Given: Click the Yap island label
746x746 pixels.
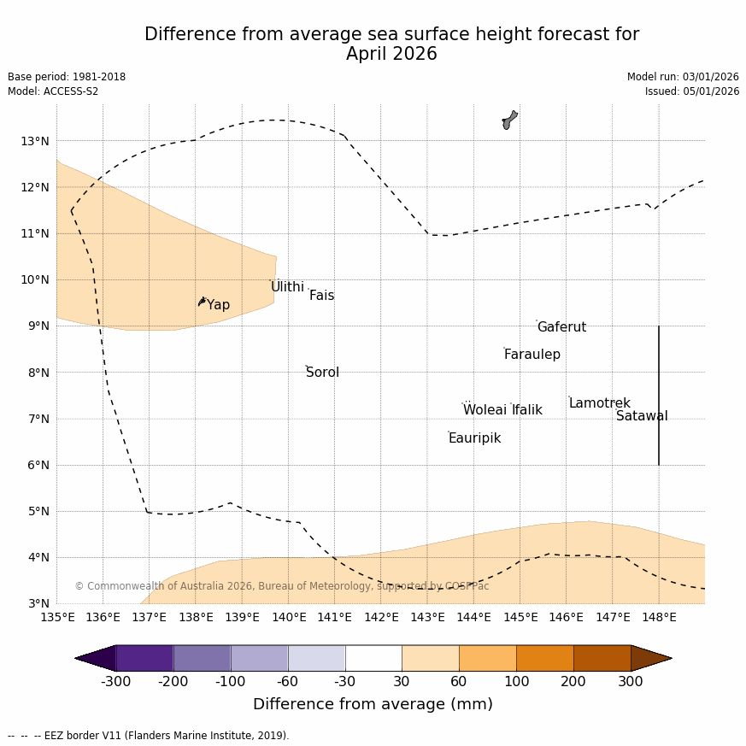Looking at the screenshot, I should click(218, 305).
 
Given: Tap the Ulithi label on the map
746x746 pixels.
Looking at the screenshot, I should click(287, 287).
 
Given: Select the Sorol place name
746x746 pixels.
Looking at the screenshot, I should click(322, 373).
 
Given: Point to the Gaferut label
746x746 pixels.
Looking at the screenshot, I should click(561, 327).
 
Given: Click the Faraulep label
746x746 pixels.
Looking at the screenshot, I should click(532, 355).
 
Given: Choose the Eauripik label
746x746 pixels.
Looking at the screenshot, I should click(474, 438).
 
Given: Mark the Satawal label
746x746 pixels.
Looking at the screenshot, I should click(642, 416).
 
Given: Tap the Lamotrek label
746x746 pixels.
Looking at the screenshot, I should click(599, 403).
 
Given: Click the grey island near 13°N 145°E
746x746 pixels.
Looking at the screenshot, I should click(509, 120).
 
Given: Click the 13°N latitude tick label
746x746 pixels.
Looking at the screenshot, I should click(34, 141).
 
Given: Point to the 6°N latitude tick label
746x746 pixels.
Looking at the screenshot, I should click(38, 465).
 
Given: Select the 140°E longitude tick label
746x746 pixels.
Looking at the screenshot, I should click(289, 617).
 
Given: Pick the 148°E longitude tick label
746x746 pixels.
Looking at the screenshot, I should click(659, 617).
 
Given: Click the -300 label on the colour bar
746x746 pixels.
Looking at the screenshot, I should click(116, 681).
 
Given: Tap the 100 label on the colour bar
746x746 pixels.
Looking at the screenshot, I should click(516, 681).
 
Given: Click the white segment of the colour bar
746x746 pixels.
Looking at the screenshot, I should click(373, 658).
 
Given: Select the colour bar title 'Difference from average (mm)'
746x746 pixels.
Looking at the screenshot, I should click(373, 704).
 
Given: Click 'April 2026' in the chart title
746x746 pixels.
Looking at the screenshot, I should click(391, 55).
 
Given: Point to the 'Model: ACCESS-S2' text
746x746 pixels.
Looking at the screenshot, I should click(53, 91).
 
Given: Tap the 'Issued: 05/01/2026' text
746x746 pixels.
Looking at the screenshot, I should click(691, 91).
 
